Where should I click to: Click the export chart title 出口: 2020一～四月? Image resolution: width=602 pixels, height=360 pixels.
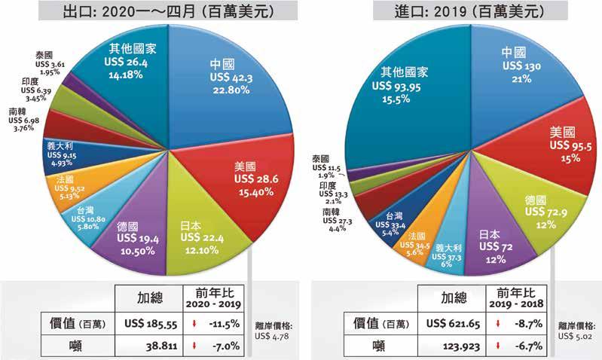click(168, 11)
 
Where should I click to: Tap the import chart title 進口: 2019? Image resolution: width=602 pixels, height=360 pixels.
click(470, 11)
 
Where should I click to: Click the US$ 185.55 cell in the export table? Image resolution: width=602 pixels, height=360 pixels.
click(151, 324)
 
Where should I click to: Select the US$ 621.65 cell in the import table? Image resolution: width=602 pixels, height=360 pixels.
click(453, 324)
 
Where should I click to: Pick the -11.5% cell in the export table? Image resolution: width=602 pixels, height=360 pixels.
click(214, 324)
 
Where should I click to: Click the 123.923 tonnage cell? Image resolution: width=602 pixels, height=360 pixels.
click(453, 346)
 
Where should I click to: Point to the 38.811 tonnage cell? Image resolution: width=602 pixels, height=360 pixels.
click(151, 346)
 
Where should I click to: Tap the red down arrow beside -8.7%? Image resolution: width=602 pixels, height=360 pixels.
click(497, 324)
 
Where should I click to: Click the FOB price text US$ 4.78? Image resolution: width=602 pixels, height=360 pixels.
click(272, 337)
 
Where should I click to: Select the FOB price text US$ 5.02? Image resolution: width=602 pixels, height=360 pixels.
click(575, 337)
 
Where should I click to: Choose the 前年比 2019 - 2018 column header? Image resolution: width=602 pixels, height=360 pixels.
click(516, 298)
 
